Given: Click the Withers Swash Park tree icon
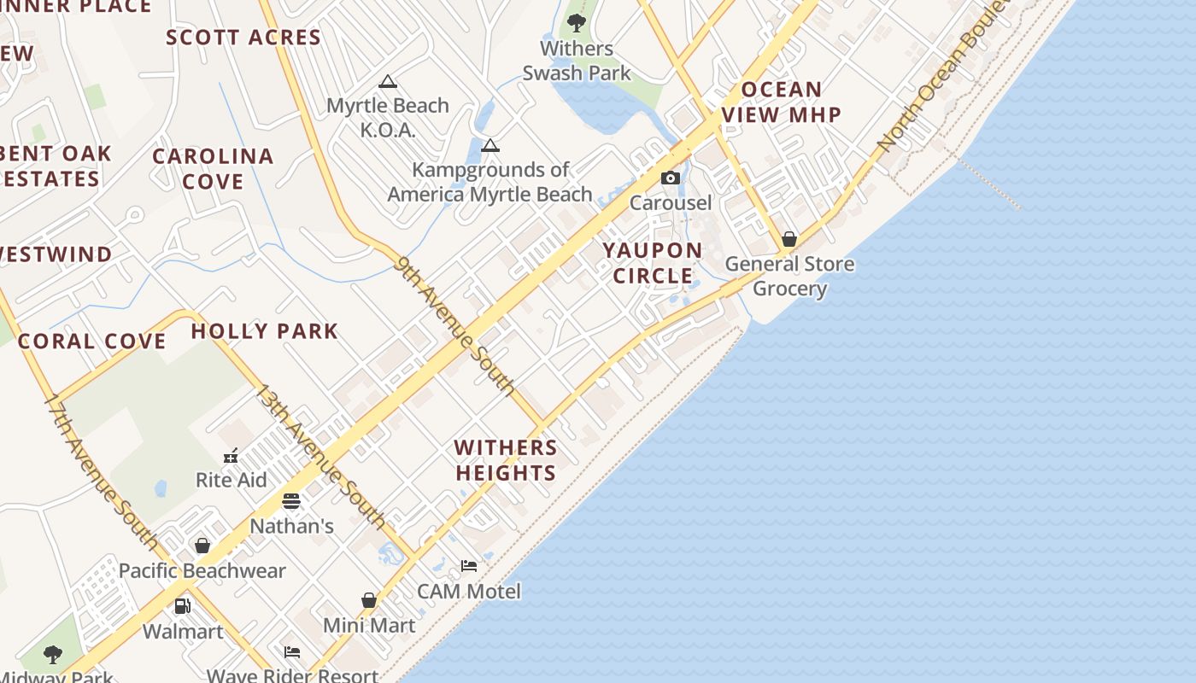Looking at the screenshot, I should click(577, 22).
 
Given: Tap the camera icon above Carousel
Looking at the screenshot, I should click(671, 178).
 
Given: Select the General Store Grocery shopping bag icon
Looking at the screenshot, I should click(789, 239).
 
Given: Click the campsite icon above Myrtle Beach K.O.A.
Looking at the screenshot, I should click(388, 82).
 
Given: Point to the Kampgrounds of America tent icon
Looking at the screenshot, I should click(490, 145).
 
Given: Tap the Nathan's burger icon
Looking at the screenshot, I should click(291, 500).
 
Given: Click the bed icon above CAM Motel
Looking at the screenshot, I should click(468, 565).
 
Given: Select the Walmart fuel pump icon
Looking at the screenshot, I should click(183, 606).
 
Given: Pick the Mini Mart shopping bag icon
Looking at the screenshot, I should click(369, 600).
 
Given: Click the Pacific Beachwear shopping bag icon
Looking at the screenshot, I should click(202, 545).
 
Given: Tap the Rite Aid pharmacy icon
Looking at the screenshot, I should click(231, 455).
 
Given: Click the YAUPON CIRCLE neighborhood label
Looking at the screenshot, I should click(653, 263).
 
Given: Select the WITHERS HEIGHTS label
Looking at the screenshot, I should click(506, 460).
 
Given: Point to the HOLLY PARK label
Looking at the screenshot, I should click(265, 331).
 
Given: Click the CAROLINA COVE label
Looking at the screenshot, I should click(213, 169).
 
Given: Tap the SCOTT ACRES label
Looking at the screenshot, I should click(243, 38).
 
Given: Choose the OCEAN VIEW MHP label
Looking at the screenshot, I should click(781, 102).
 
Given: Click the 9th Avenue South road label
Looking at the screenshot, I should click(455, 326).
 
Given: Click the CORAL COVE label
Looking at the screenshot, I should click(92, 341).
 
